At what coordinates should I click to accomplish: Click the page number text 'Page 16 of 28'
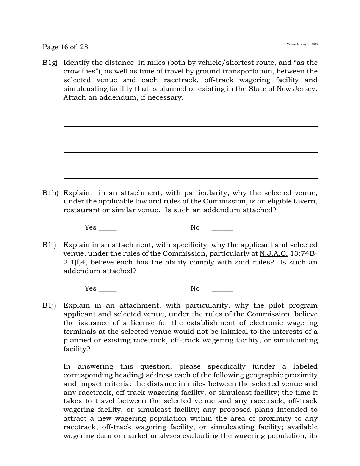tap(65, 47)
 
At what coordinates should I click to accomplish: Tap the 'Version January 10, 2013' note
tap(302, 44)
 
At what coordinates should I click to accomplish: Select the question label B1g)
tap(50, 63)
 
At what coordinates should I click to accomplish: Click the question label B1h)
tap(50, 193)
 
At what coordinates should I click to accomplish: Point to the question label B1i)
tap(49, 245)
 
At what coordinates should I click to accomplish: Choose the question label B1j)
tap(49, 305)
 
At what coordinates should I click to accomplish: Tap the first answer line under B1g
tap(190, 118)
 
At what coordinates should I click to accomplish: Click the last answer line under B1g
tap(190, 178)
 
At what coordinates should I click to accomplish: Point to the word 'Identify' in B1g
tap(77, 63)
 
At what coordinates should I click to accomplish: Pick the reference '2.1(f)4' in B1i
tap(75, 262)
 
